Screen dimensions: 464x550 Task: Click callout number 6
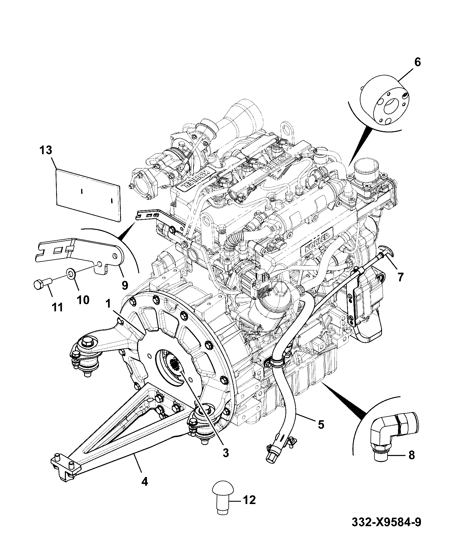(x=417, y=62)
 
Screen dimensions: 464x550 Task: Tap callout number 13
(x=46, y=150)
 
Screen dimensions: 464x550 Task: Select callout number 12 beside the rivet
(x=249, y=500)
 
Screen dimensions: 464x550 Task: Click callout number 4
(x=145, y=482)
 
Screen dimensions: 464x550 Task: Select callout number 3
(x=226, y=461)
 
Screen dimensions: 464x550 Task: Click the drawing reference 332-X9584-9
(x=386, y=530)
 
